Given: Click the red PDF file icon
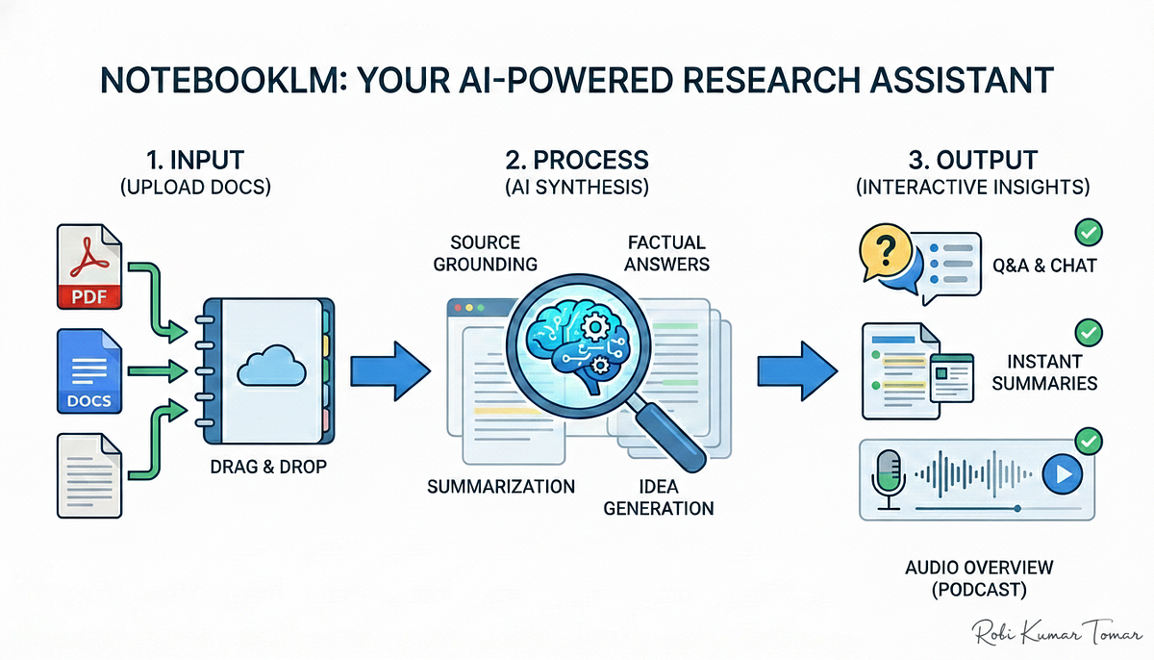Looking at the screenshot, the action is point(89,267).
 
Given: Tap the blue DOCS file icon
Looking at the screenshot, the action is point(89,371).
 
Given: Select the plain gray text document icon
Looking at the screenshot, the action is point(89,475).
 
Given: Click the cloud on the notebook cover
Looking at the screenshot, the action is point(271,366).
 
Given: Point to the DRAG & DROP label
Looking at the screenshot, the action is point(268,467).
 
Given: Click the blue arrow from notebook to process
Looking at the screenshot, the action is point(390,371).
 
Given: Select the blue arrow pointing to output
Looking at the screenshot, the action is point(797,371).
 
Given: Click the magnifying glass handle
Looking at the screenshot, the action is point(669,437).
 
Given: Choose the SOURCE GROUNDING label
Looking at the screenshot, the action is point(486,253).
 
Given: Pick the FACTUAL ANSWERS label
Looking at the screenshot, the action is point(666,253).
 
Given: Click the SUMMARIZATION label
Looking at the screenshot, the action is point(501,487).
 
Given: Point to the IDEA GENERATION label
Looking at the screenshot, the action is point(659,497).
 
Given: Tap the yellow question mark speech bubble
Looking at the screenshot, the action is point(886,252).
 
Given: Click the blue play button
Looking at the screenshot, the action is point(1063,474).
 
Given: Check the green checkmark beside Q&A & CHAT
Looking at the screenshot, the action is point(1089,233).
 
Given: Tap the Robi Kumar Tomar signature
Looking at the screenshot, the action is point(1056,632).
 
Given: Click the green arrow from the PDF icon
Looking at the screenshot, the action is point(155,299).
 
